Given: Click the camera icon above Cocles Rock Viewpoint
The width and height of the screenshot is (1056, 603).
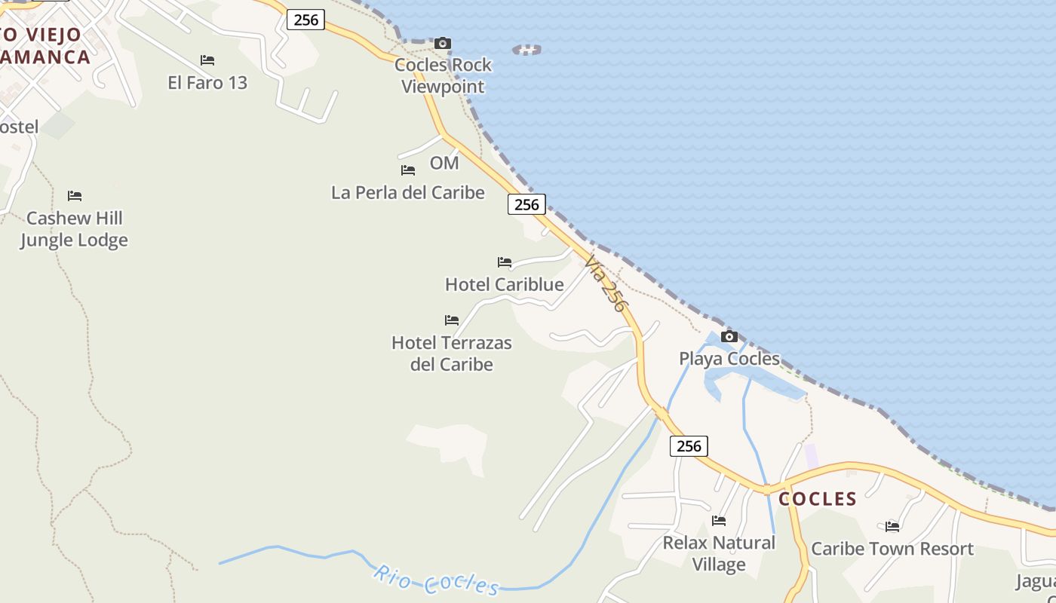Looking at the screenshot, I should click(x=443, y=44).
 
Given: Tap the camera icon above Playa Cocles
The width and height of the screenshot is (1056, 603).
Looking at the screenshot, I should click(x=729, y=337).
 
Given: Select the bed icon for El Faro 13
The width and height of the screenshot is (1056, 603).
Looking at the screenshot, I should click(x=207, y=60).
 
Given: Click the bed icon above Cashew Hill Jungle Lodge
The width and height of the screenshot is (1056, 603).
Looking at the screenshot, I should click(x=75, y=196).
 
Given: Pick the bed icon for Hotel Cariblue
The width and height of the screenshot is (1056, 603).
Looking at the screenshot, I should click(x=505, y=262).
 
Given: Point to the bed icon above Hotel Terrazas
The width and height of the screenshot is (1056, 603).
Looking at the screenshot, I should click(x=452, y=320).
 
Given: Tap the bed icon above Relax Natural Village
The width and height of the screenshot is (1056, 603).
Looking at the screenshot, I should click(x=719, y=520).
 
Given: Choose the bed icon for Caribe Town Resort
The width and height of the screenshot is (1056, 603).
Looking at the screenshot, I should click(x=892, y=526).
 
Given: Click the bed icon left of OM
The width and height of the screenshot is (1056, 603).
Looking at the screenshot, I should click(x=408, y=170).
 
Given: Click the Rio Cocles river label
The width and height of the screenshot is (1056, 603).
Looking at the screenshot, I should click(x=436, y=580).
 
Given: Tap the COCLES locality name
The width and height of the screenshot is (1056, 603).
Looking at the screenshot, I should click(x=818, y=499).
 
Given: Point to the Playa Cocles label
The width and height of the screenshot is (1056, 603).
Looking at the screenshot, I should click(x=729, y=359).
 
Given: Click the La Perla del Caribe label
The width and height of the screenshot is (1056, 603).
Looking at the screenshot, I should click(x=408, y=193).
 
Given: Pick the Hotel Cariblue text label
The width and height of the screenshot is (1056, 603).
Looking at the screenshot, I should click(x=505, y=285).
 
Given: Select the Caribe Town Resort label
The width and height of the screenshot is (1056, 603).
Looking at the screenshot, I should click(x=892, y=549).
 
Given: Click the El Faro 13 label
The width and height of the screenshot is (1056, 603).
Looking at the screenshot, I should click(x=207, y=83).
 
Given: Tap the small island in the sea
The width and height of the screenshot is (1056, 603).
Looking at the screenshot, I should click(x=526, y=51).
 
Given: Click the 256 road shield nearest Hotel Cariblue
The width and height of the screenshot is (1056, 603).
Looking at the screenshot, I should click(x=526, y=204).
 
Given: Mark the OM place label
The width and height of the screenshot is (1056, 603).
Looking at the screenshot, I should click(x=444, y=163).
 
